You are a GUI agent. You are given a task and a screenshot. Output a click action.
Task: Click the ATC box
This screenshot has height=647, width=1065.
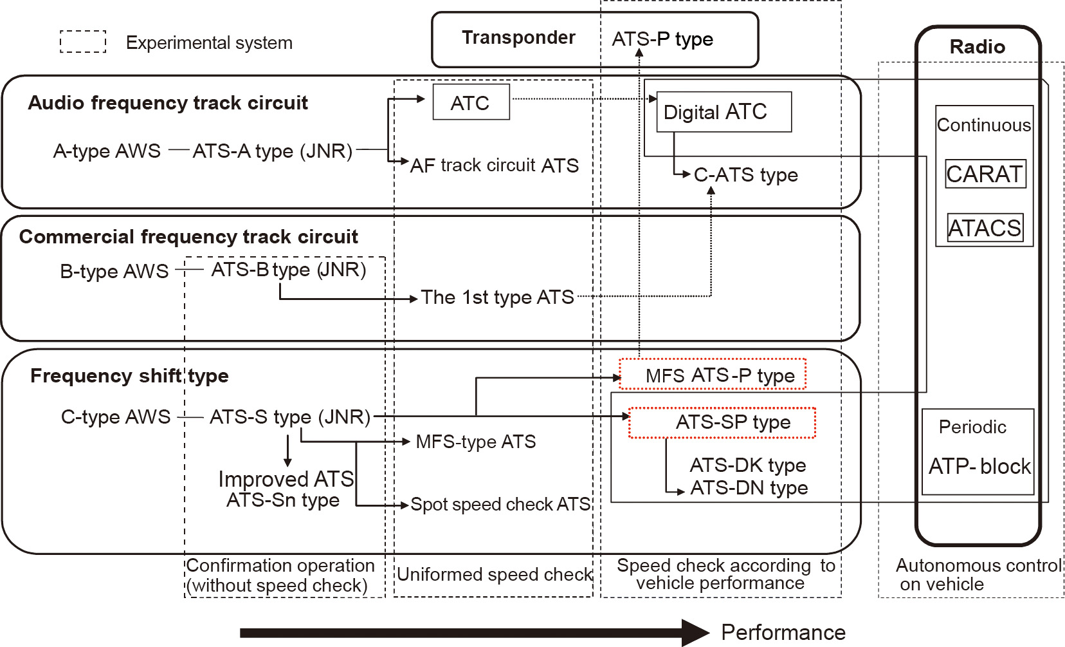click(471, 102)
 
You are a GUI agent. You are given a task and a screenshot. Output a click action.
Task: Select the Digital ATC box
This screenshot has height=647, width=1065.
click(724, 112)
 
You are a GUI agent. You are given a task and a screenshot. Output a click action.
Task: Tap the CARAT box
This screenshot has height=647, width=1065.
click(985, 174)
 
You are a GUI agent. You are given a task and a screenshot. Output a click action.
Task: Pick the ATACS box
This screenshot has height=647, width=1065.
click(985, 228)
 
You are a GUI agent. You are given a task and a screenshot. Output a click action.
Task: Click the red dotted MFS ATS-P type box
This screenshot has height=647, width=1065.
click(712, 375)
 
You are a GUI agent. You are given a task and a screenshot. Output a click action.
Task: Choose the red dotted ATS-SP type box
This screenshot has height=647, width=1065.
click(722, 423)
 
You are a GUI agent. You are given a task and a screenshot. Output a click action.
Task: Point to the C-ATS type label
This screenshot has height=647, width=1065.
click(745, 175)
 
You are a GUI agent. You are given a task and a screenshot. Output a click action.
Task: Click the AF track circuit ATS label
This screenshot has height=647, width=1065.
click(494, 165)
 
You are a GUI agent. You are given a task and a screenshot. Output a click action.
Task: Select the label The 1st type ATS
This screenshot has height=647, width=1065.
click(497, 297)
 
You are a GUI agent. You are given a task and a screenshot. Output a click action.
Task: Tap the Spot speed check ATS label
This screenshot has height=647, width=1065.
click(500, 504)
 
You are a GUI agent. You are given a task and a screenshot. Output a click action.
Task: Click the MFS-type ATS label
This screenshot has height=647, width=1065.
click(475, 442)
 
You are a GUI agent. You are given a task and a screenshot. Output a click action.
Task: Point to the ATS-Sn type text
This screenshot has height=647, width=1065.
click(283, 500)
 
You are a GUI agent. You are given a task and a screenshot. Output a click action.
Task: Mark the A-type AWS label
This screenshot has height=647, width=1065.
click(107, 151)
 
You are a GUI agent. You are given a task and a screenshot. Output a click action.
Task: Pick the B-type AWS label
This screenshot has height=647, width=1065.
click(114, 271)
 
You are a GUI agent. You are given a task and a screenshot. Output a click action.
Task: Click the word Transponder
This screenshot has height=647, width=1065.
click(518, 38)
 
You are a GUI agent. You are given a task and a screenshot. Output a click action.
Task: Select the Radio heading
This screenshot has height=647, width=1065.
click(977, 47)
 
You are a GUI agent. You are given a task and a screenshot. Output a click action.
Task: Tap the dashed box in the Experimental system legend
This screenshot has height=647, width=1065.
click(83, 42)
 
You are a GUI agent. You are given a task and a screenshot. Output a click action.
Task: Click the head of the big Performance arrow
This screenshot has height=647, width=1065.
click(696, 633)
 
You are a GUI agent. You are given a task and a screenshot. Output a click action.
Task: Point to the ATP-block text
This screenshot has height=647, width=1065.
click(979, 466)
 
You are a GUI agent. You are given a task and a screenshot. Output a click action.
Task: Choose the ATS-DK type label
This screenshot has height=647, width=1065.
click(747, 465)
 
